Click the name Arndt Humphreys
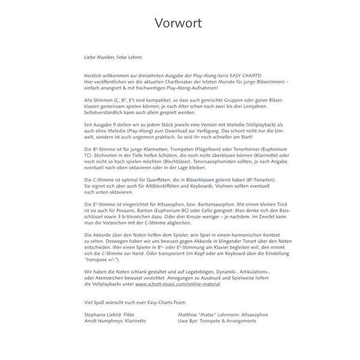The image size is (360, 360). coord(104,321)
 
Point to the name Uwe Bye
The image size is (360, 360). coord(189,321)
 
